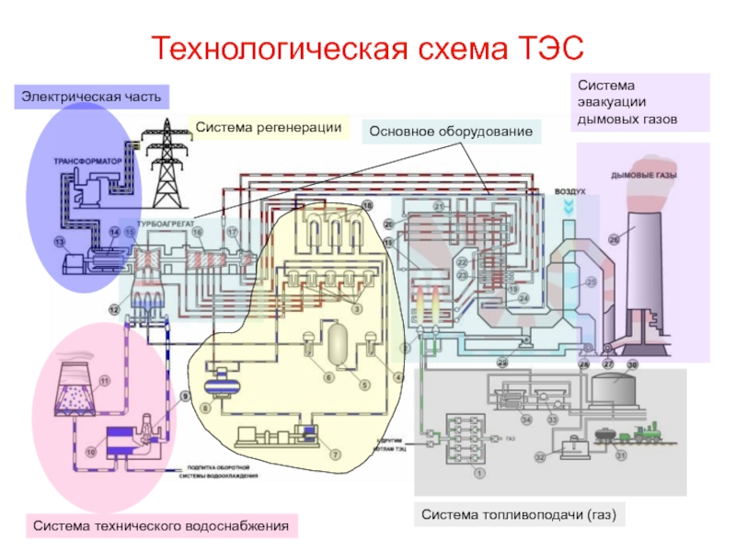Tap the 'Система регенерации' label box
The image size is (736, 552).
point(269,127)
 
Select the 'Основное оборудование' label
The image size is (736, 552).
point(451,132)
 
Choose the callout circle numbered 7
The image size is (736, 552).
point(335,453)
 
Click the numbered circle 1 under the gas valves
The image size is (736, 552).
point(477,473)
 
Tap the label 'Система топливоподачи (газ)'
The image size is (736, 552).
point(518,513)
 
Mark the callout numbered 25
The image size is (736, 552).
point(592,282)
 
